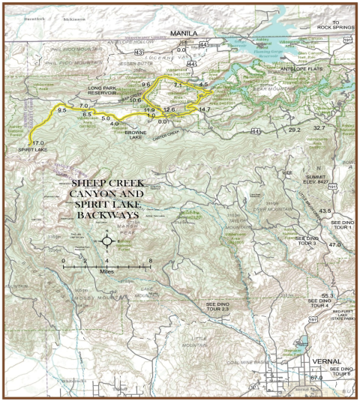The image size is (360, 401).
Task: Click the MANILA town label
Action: [x=183, y=34]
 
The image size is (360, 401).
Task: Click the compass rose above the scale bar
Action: [x=106, y=241]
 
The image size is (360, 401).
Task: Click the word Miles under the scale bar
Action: [x=107, y=273]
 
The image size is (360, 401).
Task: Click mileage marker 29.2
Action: [x=294, y=130]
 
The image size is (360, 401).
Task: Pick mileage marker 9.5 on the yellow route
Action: [x=62, y=110]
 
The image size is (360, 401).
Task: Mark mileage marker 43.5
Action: [x=325, y=211]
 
